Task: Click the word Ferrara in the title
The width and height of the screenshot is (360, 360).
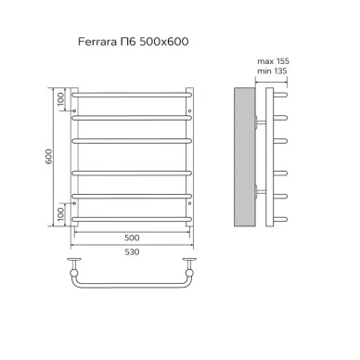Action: click(x=97, y=42)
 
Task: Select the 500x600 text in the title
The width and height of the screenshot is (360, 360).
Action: click(x=164, y=42)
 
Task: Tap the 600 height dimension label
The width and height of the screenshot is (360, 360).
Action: click(x=49, y=157)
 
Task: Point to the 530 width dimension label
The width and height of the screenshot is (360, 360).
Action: click(x=132, y=251)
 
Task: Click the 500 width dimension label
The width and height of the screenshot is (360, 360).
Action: click(x=132, y=238)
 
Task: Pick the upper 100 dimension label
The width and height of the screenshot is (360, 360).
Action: click(x=60, y=99)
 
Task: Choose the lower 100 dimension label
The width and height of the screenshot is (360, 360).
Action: click(x=60, y=214)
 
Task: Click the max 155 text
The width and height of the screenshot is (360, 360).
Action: click(x=274, y=61)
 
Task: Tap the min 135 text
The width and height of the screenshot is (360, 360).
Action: click(x=272, y=71)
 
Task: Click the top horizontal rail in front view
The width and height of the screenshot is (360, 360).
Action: click(x=132, y=95)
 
